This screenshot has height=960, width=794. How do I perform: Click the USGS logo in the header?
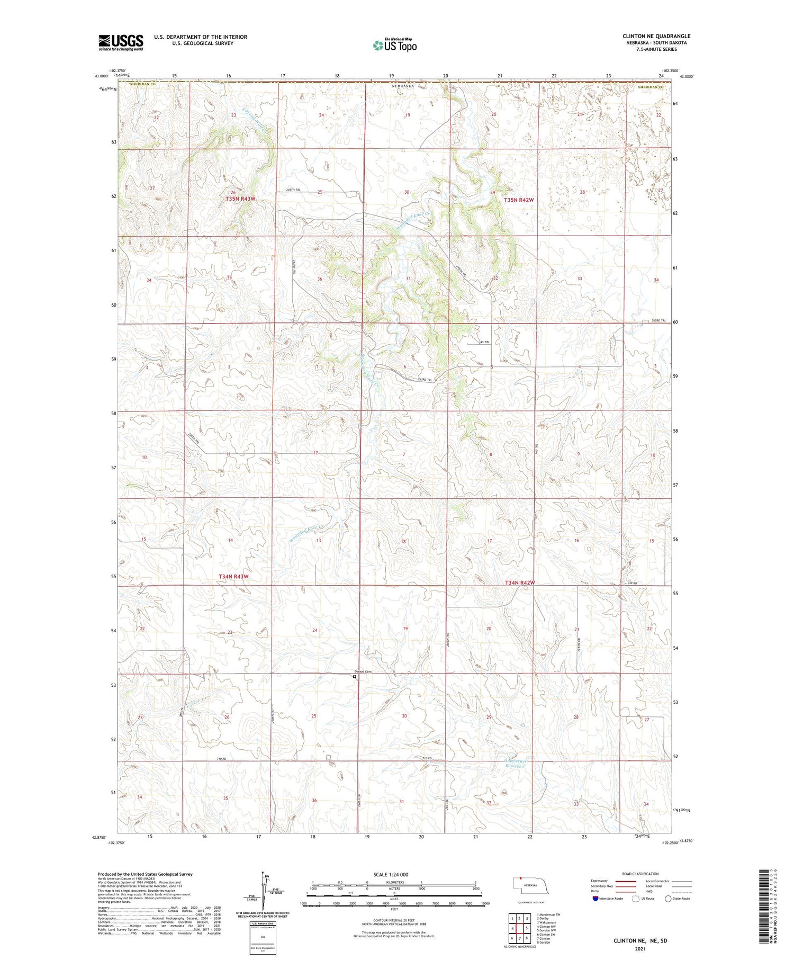(121, 42)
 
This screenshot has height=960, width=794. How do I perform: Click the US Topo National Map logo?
(394, 45)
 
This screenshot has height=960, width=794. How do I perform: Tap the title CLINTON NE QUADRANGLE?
(656, 36)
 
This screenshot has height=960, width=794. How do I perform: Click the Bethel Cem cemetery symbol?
(355, 676)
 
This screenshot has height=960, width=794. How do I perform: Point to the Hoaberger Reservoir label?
(513, 763)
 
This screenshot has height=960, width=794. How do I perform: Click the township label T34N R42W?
(519, 582)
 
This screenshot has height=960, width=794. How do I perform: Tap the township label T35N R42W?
(519, 200)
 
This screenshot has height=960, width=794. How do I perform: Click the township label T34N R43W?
(233, 576)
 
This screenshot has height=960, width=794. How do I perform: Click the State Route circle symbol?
(668, 899)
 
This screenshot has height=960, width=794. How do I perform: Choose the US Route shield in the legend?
(636, 899)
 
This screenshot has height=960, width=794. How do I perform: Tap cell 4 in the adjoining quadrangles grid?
(512, 928)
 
